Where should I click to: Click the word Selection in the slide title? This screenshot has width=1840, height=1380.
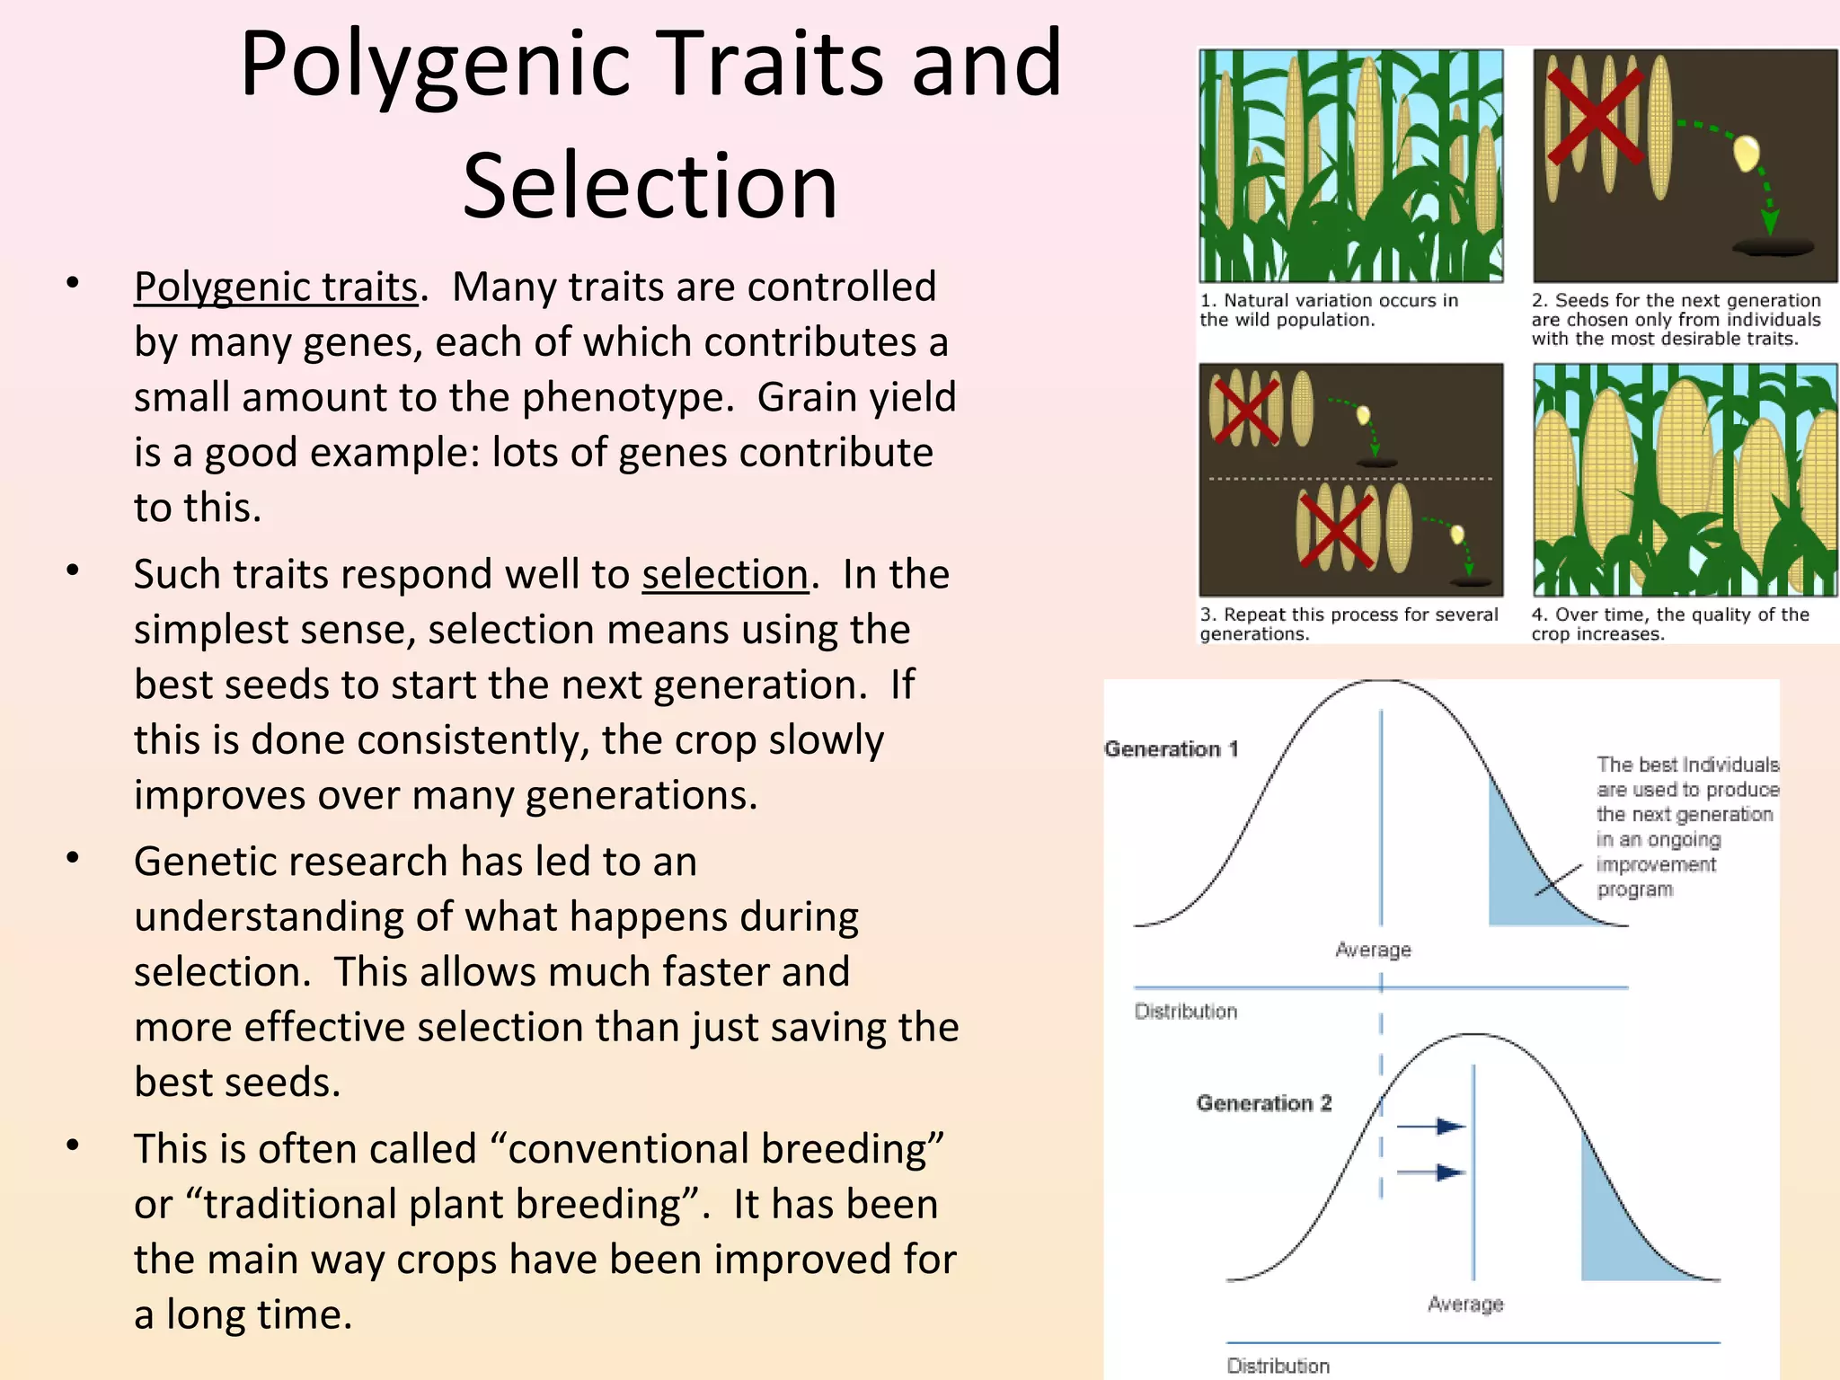pyautogui.click(x=650, y=186)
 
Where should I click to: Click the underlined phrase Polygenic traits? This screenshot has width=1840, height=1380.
pyautogui.click(x=276, y=287)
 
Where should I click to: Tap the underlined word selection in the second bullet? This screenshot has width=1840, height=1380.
pyautogui.click(x=724, y=574)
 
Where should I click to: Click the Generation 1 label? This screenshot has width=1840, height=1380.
pyautogui.click(x=1171, y=749)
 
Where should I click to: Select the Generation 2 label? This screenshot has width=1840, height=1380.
pyautogui.click(x=1263, y=1103)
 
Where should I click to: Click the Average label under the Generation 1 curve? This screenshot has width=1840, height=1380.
pyautogui.click(x=1373, y=950)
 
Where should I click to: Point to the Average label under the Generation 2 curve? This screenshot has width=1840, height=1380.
pyautogui.click(x=1464, y=1304)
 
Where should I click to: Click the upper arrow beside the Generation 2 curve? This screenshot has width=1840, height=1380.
pyautogui.click(x=1432, y=1126)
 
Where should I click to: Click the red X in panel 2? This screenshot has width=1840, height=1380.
pyautogui.click(x=1596, y=117)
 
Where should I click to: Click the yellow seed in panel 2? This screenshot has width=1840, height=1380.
pyautogui.click(x=1746, y=153)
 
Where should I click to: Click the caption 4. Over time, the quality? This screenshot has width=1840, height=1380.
pyautogui.click(x=1669, y=624)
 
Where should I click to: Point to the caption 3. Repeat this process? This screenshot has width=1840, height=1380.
pyautogui.click(x=1348, y=624)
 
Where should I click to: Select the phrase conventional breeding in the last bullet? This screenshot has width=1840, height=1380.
pyautogui.click(x=717, y=1149)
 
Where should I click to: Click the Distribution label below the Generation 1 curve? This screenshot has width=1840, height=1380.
pyautogui.click(x=1185, y=1012)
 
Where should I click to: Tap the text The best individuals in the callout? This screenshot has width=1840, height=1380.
pyautogui.click(x=1686, y=765)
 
